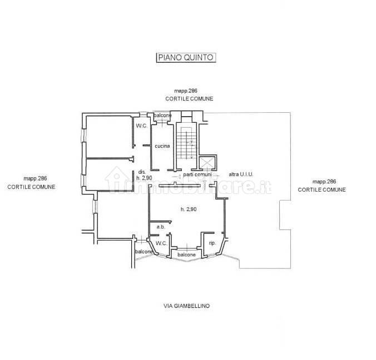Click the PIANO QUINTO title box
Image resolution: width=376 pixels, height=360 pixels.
pos(186,58)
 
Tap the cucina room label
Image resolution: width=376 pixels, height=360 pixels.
pos(162,146)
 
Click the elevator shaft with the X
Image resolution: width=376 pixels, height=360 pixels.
pos(207,163)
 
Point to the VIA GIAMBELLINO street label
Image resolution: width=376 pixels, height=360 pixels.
pos(186,306)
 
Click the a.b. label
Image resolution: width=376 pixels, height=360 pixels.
pos(161,227)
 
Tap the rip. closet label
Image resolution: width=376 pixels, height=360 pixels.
pos(212,243)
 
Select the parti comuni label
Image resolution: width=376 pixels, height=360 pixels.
pos(197,174)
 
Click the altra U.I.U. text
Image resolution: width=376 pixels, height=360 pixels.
pos(241,174)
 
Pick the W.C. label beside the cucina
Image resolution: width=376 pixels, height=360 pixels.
pos(142,126)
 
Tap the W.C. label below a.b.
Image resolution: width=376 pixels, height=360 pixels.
pos(161,243)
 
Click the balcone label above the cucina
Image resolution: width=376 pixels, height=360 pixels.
pos(162,116)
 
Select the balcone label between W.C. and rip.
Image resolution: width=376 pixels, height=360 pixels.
pos(186,254)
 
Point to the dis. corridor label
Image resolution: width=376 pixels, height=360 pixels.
pos(142,172)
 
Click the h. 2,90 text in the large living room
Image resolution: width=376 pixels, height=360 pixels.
pos(189,209)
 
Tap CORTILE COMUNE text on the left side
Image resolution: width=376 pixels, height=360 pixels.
pos(31,187)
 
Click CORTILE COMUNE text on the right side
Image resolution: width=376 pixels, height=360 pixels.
pos(322,189)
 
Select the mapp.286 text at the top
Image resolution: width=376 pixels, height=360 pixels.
pos(186,91)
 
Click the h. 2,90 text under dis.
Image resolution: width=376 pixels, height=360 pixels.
pos(144,178)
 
